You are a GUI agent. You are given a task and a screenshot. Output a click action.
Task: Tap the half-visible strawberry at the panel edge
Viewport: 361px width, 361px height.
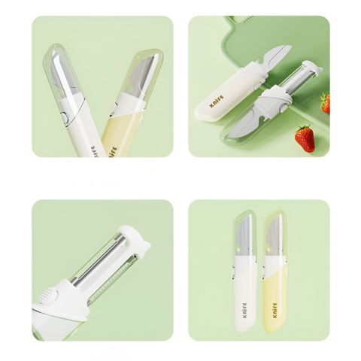(326, 103)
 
